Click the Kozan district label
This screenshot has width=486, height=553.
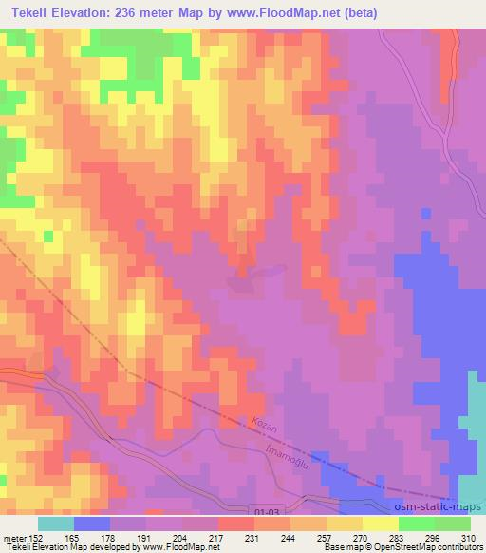[266, 421]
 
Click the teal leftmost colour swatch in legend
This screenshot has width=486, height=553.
[55, 524]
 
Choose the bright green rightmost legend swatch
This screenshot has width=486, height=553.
[452, 524]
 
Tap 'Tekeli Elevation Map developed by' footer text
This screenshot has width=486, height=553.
[66, 547]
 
